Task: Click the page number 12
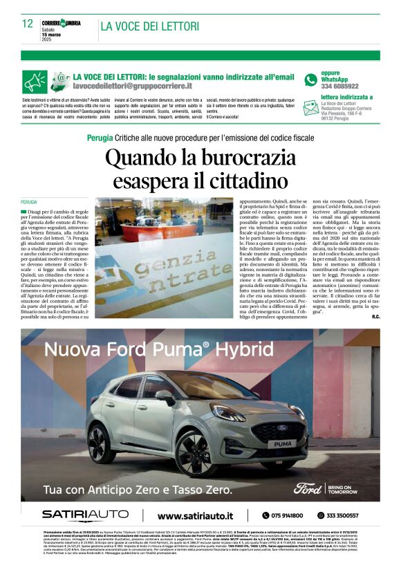tap(27, 24)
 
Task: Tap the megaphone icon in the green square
tap(34, 82)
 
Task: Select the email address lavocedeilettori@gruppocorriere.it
tap(133, 86)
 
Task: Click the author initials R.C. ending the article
tap(375, 317)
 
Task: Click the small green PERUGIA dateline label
tap(29, 202)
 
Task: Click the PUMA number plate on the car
tap(281, 443)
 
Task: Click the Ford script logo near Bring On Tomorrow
tap(308, 488)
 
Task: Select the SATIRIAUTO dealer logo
tap(84, 515)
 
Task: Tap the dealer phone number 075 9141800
tap(282, 515)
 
